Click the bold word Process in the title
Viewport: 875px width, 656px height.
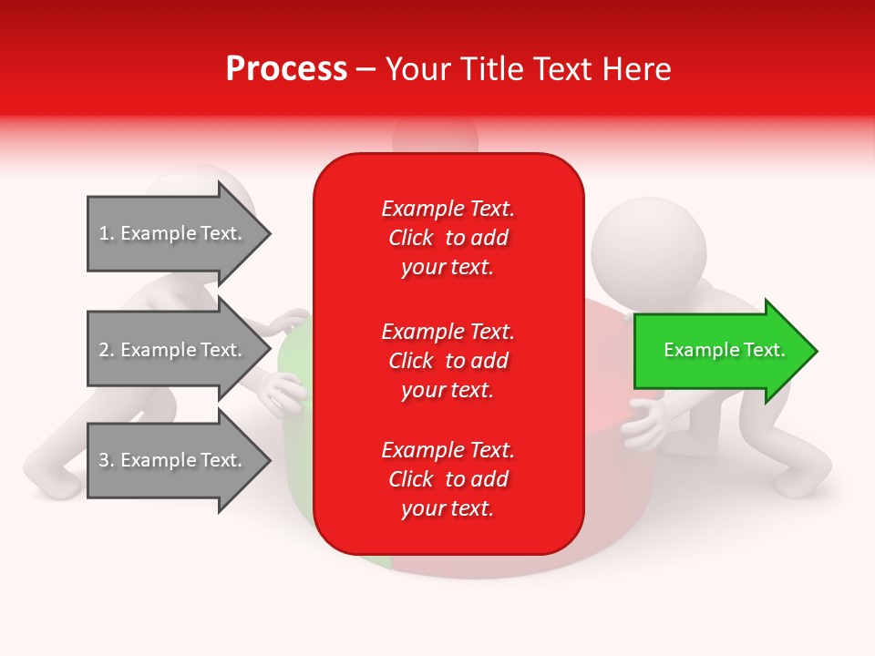(x=286, y=69)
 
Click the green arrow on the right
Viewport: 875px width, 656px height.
(x=720, y=351)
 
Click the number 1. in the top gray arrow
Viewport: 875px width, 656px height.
(x=106, y=233)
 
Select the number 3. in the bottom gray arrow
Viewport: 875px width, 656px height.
(x=106, y=460)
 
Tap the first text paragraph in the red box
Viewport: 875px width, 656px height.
(x=448, y=238)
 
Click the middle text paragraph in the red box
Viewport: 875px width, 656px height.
(x=448, y=361)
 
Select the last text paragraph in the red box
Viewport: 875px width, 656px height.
(x=448, y=479)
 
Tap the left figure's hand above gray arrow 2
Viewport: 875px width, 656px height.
(x=286, y=321)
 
